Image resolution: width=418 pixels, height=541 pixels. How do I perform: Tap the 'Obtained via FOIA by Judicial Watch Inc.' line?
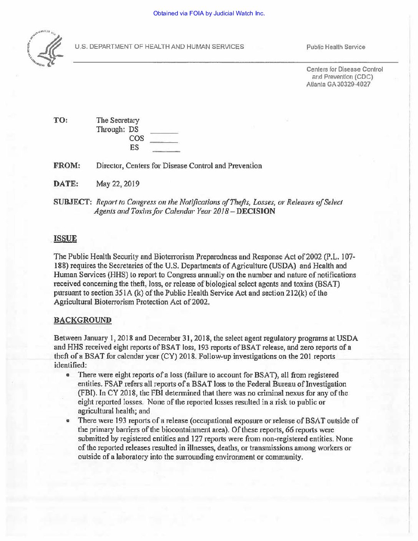[x=209, y=13]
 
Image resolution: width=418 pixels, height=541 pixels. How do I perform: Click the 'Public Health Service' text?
[x=335, y=47]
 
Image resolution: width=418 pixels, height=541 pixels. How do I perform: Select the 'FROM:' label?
[x=66, y=166]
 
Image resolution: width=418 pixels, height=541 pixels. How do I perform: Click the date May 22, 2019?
[x=118, y=184]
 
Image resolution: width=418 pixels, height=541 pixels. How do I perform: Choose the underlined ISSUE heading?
[x=65, y=239]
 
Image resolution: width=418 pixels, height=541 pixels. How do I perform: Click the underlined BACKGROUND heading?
[x=82, y=320]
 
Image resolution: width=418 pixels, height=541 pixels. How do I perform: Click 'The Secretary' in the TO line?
[x=118, y=120]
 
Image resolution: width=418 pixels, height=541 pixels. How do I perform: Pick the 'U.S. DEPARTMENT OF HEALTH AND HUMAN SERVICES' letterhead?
[x=159, y=47]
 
